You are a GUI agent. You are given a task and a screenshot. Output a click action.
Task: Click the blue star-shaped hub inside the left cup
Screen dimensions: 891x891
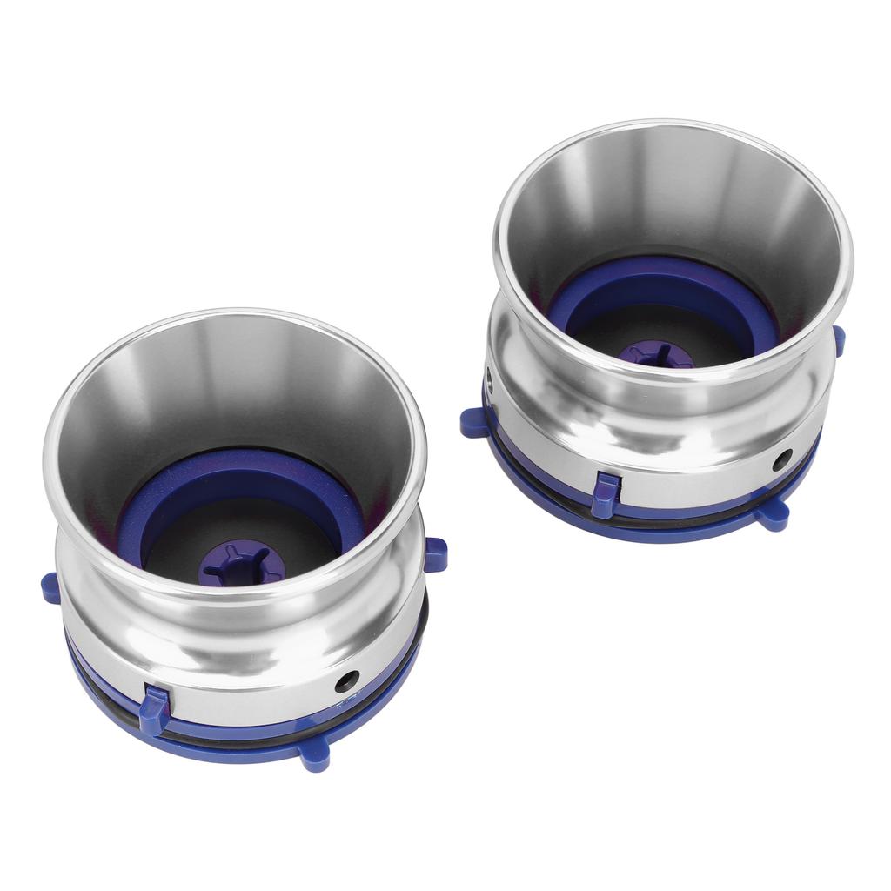241,562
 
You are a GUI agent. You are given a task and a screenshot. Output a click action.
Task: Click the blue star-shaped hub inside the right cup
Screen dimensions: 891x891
655,354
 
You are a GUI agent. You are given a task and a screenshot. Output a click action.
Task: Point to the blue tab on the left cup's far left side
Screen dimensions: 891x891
51,588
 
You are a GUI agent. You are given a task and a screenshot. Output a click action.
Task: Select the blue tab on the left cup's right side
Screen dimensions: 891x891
435,554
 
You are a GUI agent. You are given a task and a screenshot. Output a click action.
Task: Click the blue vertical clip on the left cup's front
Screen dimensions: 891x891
154,709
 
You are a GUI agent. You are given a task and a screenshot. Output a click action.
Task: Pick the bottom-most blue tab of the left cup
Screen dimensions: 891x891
315,755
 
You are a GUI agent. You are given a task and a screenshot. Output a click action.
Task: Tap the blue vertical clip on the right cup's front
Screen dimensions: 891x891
605,494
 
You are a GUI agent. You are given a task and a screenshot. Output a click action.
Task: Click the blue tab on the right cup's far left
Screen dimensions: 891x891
474,422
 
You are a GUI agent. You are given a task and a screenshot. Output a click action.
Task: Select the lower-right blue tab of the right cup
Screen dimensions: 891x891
772,516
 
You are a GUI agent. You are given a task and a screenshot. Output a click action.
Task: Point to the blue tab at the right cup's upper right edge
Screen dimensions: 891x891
839,340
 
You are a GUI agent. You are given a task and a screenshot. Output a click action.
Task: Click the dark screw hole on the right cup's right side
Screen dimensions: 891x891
781,459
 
